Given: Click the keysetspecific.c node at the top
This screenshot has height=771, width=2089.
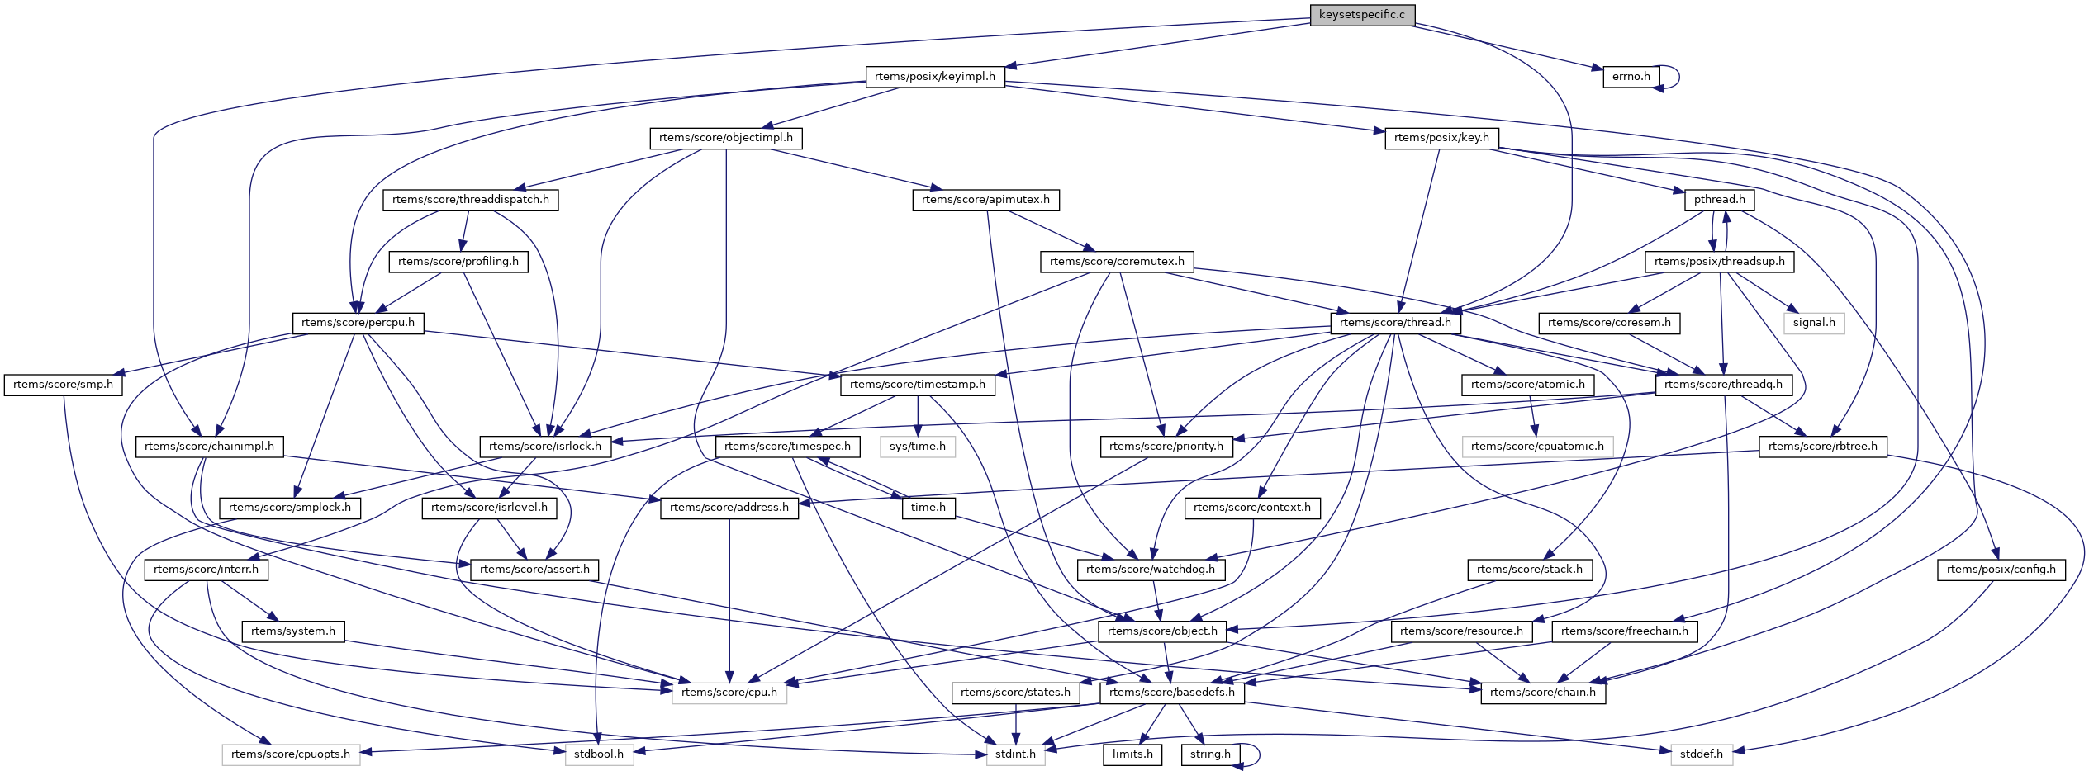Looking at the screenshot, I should click(1361, 15).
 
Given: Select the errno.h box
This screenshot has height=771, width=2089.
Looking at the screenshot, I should click(1631, 77).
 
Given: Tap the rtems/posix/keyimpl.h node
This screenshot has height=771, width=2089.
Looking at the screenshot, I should click(934, 77).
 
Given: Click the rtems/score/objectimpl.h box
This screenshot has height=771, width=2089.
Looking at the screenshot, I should click(725, 138).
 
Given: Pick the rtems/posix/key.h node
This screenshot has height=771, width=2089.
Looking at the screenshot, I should click(1441, 138).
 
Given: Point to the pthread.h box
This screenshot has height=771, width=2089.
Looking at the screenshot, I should click(1719, 200).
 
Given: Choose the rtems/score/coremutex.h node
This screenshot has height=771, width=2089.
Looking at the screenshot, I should click(1117, 262).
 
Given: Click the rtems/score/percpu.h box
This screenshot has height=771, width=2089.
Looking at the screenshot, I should click(358, 323).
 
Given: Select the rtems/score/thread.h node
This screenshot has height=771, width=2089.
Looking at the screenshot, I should click(1395, 323).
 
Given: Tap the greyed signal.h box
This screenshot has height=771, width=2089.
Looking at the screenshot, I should click(1814, 323).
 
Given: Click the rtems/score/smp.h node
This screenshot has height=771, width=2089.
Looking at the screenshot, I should click(63, 385).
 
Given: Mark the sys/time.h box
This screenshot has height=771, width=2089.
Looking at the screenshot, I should click(918, 447).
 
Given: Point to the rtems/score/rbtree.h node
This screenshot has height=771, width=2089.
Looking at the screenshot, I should click(1822, 447).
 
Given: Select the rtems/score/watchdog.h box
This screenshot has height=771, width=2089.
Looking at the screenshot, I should click(1151, 570).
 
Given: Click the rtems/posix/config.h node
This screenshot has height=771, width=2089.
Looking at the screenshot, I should click(2001, 570).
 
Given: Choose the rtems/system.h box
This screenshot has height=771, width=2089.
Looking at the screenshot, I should click(293, 631).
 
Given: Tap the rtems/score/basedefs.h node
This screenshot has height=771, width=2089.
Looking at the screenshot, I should click(1171, 693).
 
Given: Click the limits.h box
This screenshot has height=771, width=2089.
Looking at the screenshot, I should click(1132, 754).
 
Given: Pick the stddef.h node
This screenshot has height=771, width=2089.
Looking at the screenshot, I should click(1702, 754).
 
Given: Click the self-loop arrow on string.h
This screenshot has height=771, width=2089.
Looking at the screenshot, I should click(1256, 754).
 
